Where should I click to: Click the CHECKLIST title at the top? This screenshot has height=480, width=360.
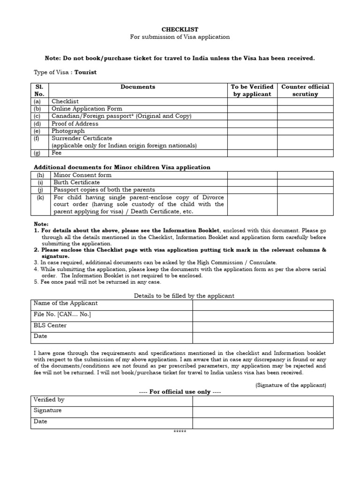pos(180,29)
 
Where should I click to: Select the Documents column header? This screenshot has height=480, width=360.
pos(138,87)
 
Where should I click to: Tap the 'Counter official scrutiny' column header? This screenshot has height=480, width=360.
pos(305,90)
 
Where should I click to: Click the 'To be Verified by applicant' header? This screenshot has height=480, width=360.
pos(252,90)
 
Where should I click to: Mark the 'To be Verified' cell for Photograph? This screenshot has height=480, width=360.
pos(252,131)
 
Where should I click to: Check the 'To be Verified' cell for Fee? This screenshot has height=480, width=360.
pos(252,153)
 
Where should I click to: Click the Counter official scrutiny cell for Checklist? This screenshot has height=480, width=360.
pos(305,101)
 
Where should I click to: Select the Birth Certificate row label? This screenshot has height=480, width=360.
pos(76,182)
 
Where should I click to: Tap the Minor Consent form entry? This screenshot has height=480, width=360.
pos(82,175)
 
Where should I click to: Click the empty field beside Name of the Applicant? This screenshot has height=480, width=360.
pos(262,305)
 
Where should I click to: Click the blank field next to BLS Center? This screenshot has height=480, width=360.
pos(262,326)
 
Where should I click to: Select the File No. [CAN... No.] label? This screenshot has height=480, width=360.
pos(62,315)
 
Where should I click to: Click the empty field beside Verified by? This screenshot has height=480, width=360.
pos(262,401)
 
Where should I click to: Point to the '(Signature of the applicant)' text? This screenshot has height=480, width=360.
pos(291,385)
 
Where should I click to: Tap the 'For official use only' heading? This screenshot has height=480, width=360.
pos(180,392)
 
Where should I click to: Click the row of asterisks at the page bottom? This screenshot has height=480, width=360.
pos(180,431)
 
